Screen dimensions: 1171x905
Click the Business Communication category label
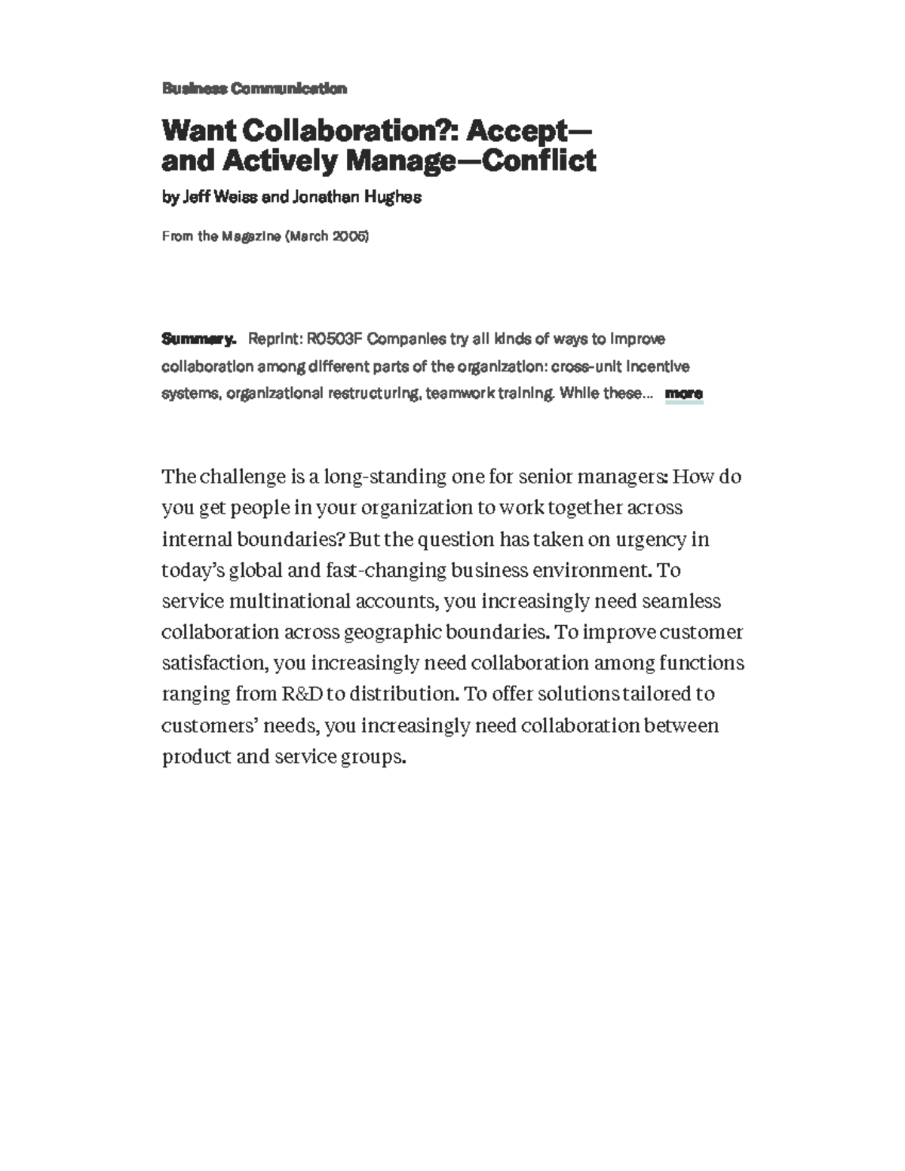click(x=254, y=88)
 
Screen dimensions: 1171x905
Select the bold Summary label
click(x=199, y=339)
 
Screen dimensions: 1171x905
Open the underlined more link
click(x=683, y=393)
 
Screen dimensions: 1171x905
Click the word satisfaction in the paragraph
click(x=214, y=663)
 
